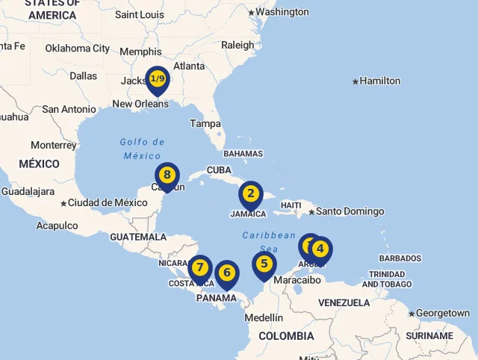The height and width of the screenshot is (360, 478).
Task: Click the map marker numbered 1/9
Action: tap(157, 79)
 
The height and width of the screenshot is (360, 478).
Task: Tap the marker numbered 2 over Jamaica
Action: tap(251, 194)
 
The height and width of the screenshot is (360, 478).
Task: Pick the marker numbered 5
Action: tap(264, 264)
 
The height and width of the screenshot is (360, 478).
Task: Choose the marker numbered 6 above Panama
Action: tap(227, 273)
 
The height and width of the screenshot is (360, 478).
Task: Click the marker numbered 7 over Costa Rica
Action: tap(199, 268)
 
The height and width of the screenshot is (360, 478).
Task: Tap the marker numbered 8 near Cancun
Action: tap(167, 176)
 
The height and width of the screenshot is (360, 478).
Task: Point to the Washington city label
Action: tap(282, 12)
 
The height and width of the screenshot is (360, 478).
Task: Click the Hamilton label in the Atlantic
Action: tap(379, 81)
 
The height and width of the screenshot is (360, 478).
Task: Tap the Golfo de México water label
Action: tap(142, 149)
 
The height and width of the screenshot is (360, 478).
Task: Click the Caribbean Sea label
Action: tap(269, 241)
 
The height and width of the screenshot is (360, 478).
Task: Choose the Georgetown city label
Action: tap(442, 313)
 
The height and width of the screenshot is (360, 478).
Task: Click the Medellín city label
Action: tap(264, 317)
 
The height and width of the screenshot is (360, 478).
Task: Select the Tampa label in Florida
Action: tap(205, 123)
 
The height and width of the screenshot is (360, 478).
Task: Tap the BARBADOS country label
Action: tap(400, 258)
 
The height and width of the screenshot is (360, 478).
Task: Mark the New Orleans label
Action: tap(140, 104)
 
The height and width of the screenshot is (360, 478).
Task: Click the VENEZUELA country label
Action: tap(344, 302)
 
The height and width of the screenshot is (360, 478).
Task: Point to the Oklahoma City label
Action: tap(77, 49)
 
